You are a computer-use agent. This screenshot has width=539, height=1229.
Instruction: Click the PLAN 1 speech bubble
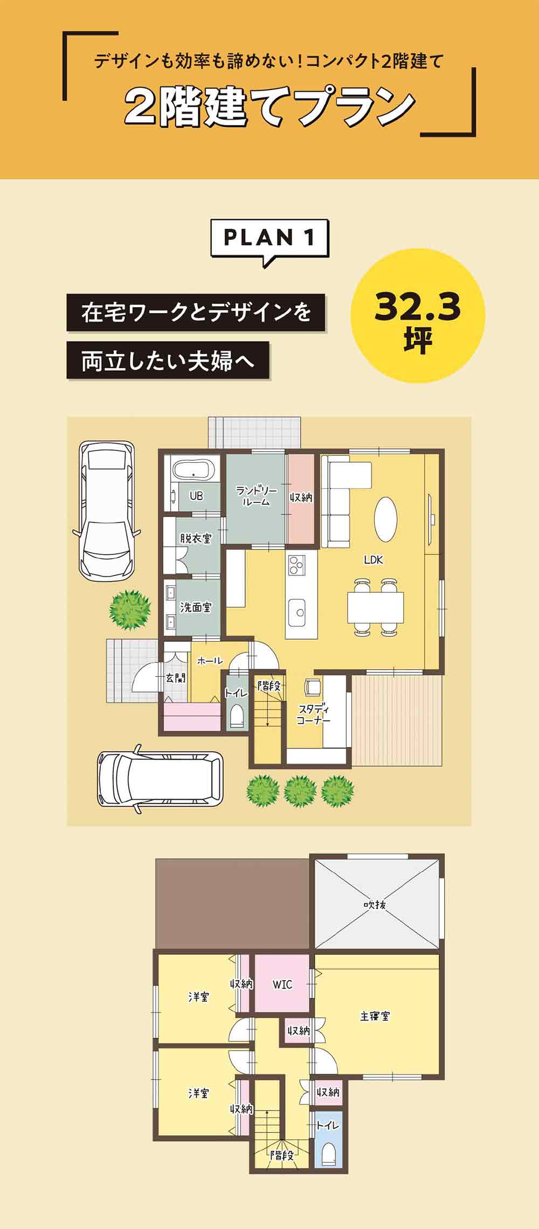point(269,238)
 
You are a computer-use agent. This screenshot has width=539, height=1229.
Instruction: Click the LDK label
point(373,560)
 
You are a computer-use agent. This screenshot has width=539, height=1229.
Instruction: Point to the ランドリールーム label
point(256,496)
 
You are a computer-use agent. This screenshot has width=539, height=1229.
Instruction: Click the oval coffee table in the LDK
point(385,519)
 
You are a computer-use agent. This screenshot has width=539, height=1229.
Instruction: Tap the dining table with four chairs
point(376,607)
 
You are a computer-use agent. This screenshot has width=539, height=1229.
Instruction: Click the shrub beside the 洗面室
point(129,609)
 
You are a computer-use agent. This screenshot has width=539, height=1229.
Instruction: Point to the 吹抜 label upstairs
point(375,905)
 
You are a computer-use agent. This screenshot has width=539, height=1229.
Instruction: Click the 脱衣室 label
point(196,538)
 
